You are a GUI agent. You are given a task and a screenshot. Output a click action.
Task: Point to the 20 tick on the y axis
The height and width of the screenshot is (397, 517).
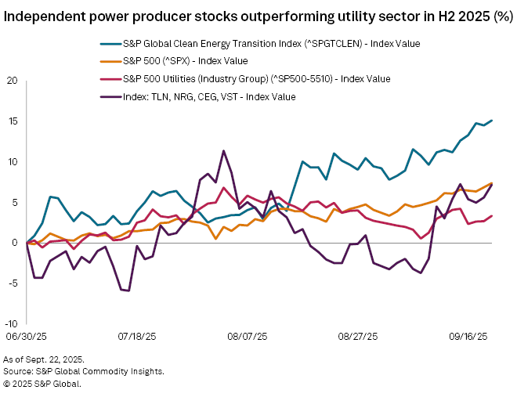click(13, 81)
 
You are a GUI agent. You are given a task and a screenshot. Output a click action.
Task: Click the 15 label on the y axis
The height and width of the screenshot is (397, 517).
click(13, 121)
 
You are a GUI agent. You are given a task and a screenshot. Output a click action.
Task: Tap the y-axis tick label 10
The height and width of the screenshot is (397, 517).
click(13, 162)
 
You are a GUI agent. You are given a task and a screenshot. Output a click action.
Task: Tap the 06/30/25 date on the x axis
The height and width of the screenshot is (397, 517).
click(27, 336)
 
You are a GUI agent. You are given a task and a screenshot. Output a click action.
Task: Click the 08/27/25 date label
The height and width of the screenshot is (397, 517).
click(358, 336)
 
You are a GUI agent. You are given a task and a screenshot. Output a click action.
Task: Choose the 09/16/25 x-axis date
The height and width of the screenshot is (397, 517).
click(468, 336)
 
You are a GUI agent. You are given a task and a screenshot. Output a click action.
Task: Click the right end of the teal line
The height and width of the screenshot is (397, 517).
click(491, 121)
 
